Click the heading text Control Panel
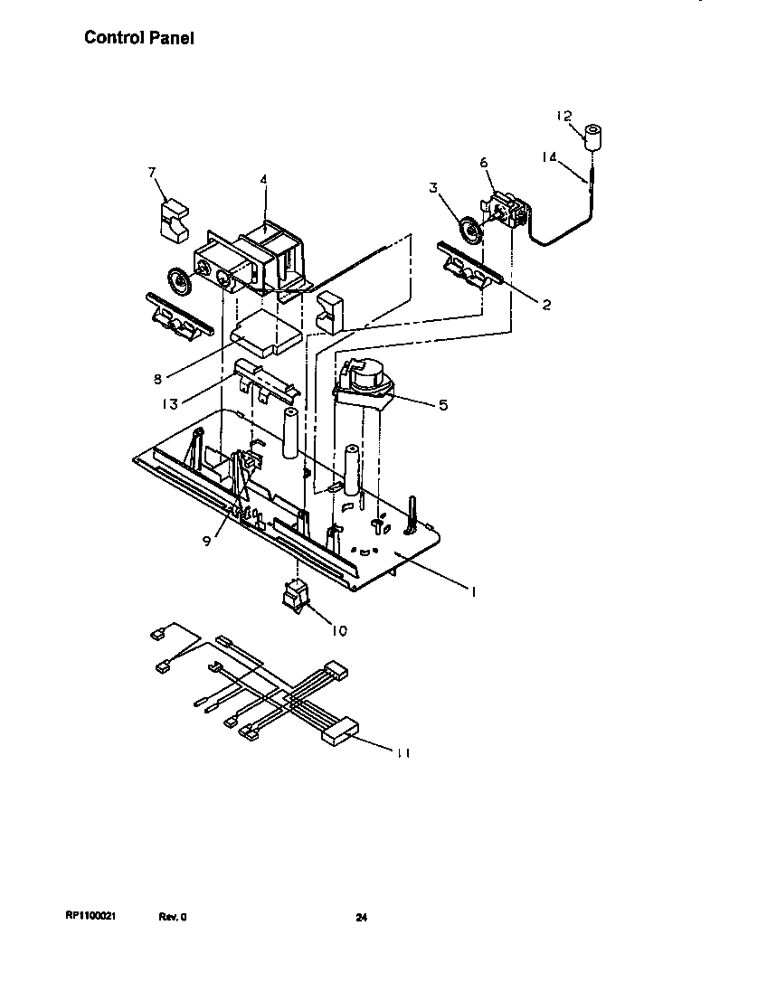[138, 38]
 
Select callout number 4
[263, 179]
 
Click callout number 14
[549, 156]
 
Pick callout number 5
[442, 405]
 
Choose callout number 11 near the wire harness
[403, 752]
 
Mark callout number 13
[170, 405]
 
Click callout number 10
[339, 630]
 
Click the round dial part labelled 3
[470, 231]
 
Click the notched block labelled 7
[172, 220]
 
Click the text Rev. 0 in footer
[173, 917]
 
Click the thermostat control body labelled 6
[507, 209]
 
